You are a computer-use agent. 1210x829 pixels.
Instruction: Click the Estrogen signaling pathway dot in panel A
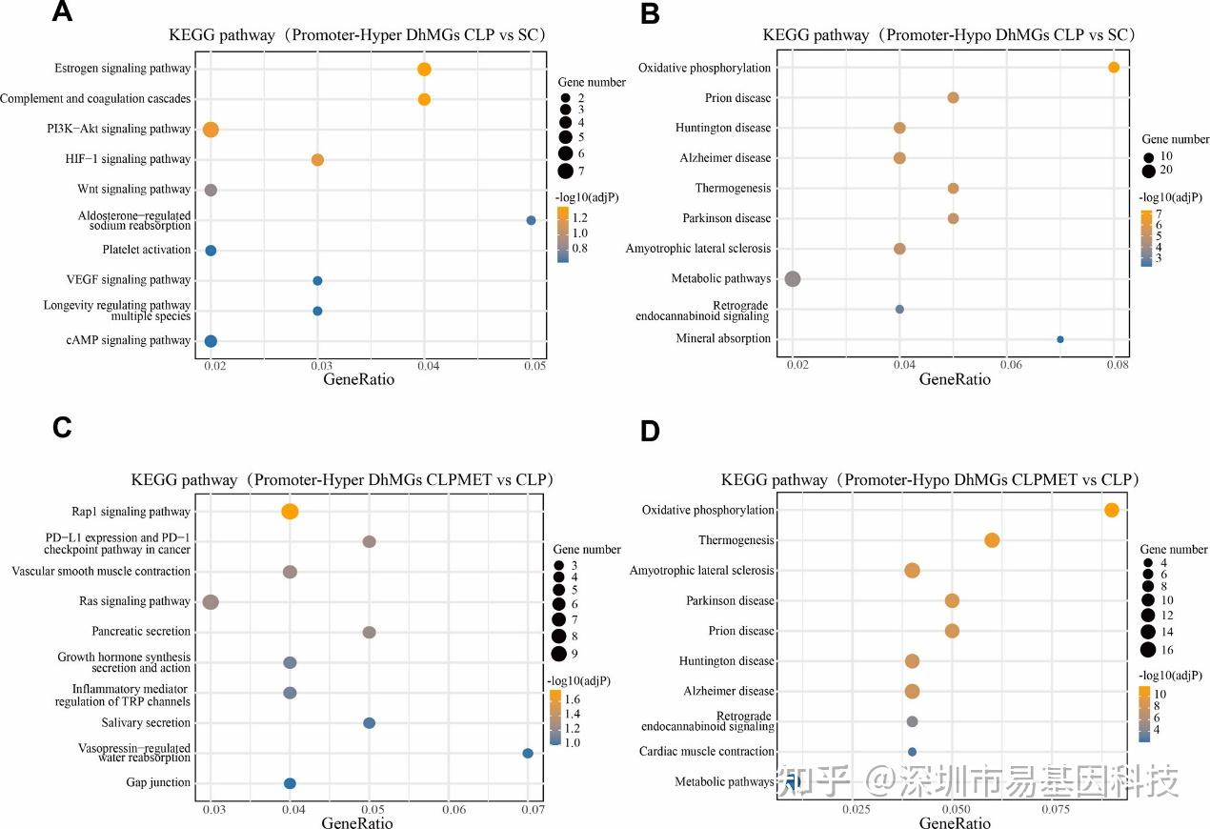[424, 69]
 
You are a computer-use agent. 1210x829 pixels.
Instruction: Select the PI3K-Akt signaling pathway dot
[211, 130]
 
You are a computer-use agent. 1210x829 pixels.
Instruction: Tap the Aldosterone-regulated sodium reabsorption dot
[531, 220]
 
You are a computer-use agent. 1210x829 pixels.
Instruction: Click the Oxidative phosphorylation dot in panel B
[1114, 68]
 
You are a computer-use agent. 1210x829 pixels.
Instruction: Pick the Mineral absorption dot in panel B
[1059, 339]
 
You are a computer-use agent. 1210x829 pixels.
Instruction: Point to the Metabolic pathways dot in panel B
[792, 279]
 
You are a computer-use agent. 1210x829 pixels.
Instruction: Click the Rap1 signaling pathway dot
[290, 512]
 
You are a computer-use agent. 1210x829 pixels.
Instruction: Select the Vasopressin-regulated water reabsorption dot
[528, 753]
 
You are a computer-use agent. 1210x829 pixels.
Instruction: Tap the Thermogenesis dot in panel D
[992, 540]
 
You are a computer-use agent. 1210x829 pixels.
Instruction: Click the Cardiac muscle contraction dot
[912, 752]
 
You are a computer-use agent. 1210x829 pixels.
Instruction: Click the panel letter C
[62, 428]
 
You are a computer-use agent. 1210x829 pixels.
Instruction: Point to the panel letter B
[651, 14]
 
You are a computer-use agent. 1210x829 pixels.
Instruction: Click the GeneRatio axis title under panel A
[361, 379]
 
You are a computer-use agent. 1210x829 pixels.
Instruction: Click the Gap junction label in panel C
[158, 783]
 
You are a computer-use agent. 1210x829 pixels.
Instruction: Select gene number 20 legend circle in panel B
[1149, 171]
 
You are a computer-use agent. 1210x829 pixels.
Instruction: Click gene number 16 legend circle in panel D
[1148, 650]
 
